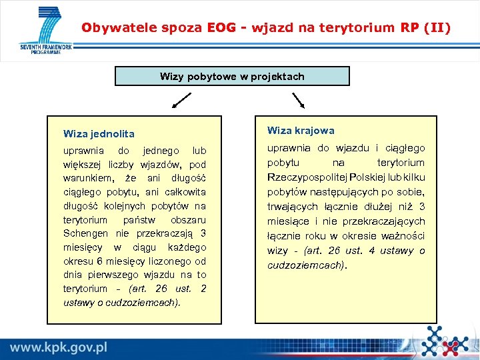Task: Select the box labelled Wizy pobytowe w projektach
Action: [x=232, y=76]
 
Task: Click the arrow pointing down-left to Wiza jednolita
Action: [x=180, y=101]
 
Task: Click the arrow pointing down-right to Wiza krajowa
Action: [x=297, y=101]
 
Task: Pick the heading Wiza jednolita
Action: [x=99, y=134]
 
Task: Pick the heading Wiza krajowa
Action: [x=301, y=131]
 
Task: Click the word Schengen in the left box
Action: [x=85, y=233]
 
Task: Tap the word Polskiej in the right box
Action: [x=357, y=177]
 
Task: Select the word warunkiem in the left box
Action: [x=87, y=178]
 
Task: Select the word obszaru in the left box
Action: [x=188, y=219]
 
